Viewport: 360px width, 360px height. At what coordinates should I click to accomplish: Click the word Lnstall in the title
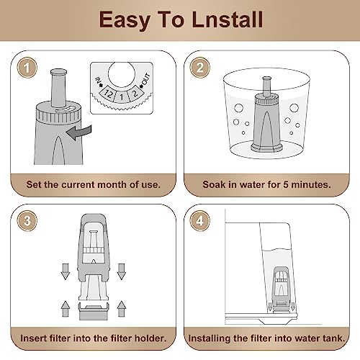tap(228, 19)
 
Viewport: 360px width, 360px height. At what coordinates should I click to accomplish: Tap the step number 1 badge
tap(27, 68)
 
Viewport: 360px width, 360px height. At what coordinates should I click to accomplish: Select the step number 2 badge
tap(199, 68)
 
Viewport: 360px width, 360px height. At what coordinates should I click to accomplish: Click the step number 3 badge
tap(27, 220)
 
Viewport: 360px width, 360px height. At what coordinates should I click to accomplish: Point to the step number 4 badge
tap(199, 220)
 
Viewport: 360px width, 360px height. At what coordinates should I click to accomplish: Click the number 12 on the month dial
tap(108, 94)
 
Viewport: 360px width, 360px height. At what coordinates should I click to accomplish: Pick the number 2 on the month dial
tap(135, 94)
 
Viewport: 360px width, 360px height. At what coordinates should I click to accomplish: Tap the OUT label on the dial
tap(145, 79)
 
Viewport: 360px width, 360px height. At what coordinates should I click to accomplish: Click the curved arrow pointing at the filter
tap(79, 132)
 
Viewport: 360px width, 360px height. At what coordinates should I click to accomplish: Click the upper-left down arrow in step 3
tap(66, 271)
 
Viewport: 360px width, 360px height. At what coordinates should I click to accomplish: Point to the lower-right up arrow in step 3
tap(122, 309)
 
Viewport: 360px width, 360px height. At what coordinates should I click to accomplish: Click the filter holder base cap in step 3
tap(94, 312)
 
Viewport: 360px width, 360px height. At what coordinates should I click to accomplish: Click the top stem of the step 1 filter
tap(58, 88)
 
